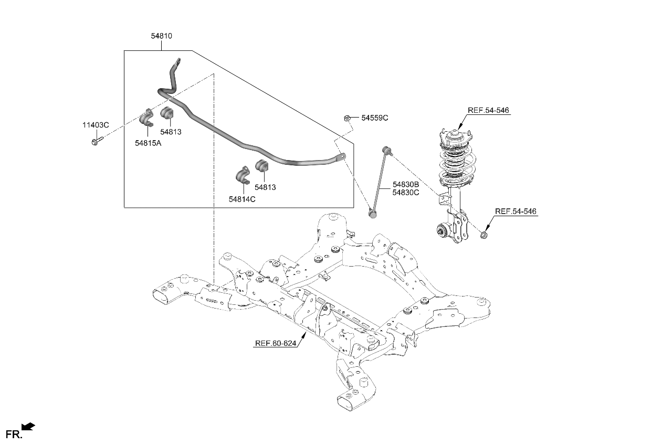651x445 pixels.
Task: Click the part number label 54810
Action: coord(161,36)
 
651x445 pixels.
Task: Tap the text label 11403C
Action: coord(95,125)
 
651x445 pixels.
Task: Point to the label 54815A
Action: coord(148,143)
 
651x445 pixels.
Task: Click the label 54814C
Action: coord(242,199)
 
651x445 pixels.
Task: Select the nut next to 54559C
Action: coord(347,118)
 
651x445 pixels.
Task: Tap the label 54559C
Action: coord(374,118)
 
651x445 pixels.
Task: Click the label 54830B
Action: coord(405,185)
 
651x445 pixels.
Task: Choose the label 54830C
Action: coord(405,193)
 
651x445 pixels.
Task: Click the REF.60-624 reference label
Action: coord(276,344)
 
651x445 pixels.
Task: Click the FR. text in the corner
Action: coord(13,435)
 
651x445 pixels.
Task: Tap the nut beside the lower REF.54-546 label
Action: coord(485,236)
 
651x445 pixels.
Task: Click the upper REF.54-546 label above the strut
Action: coord(488,110)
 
